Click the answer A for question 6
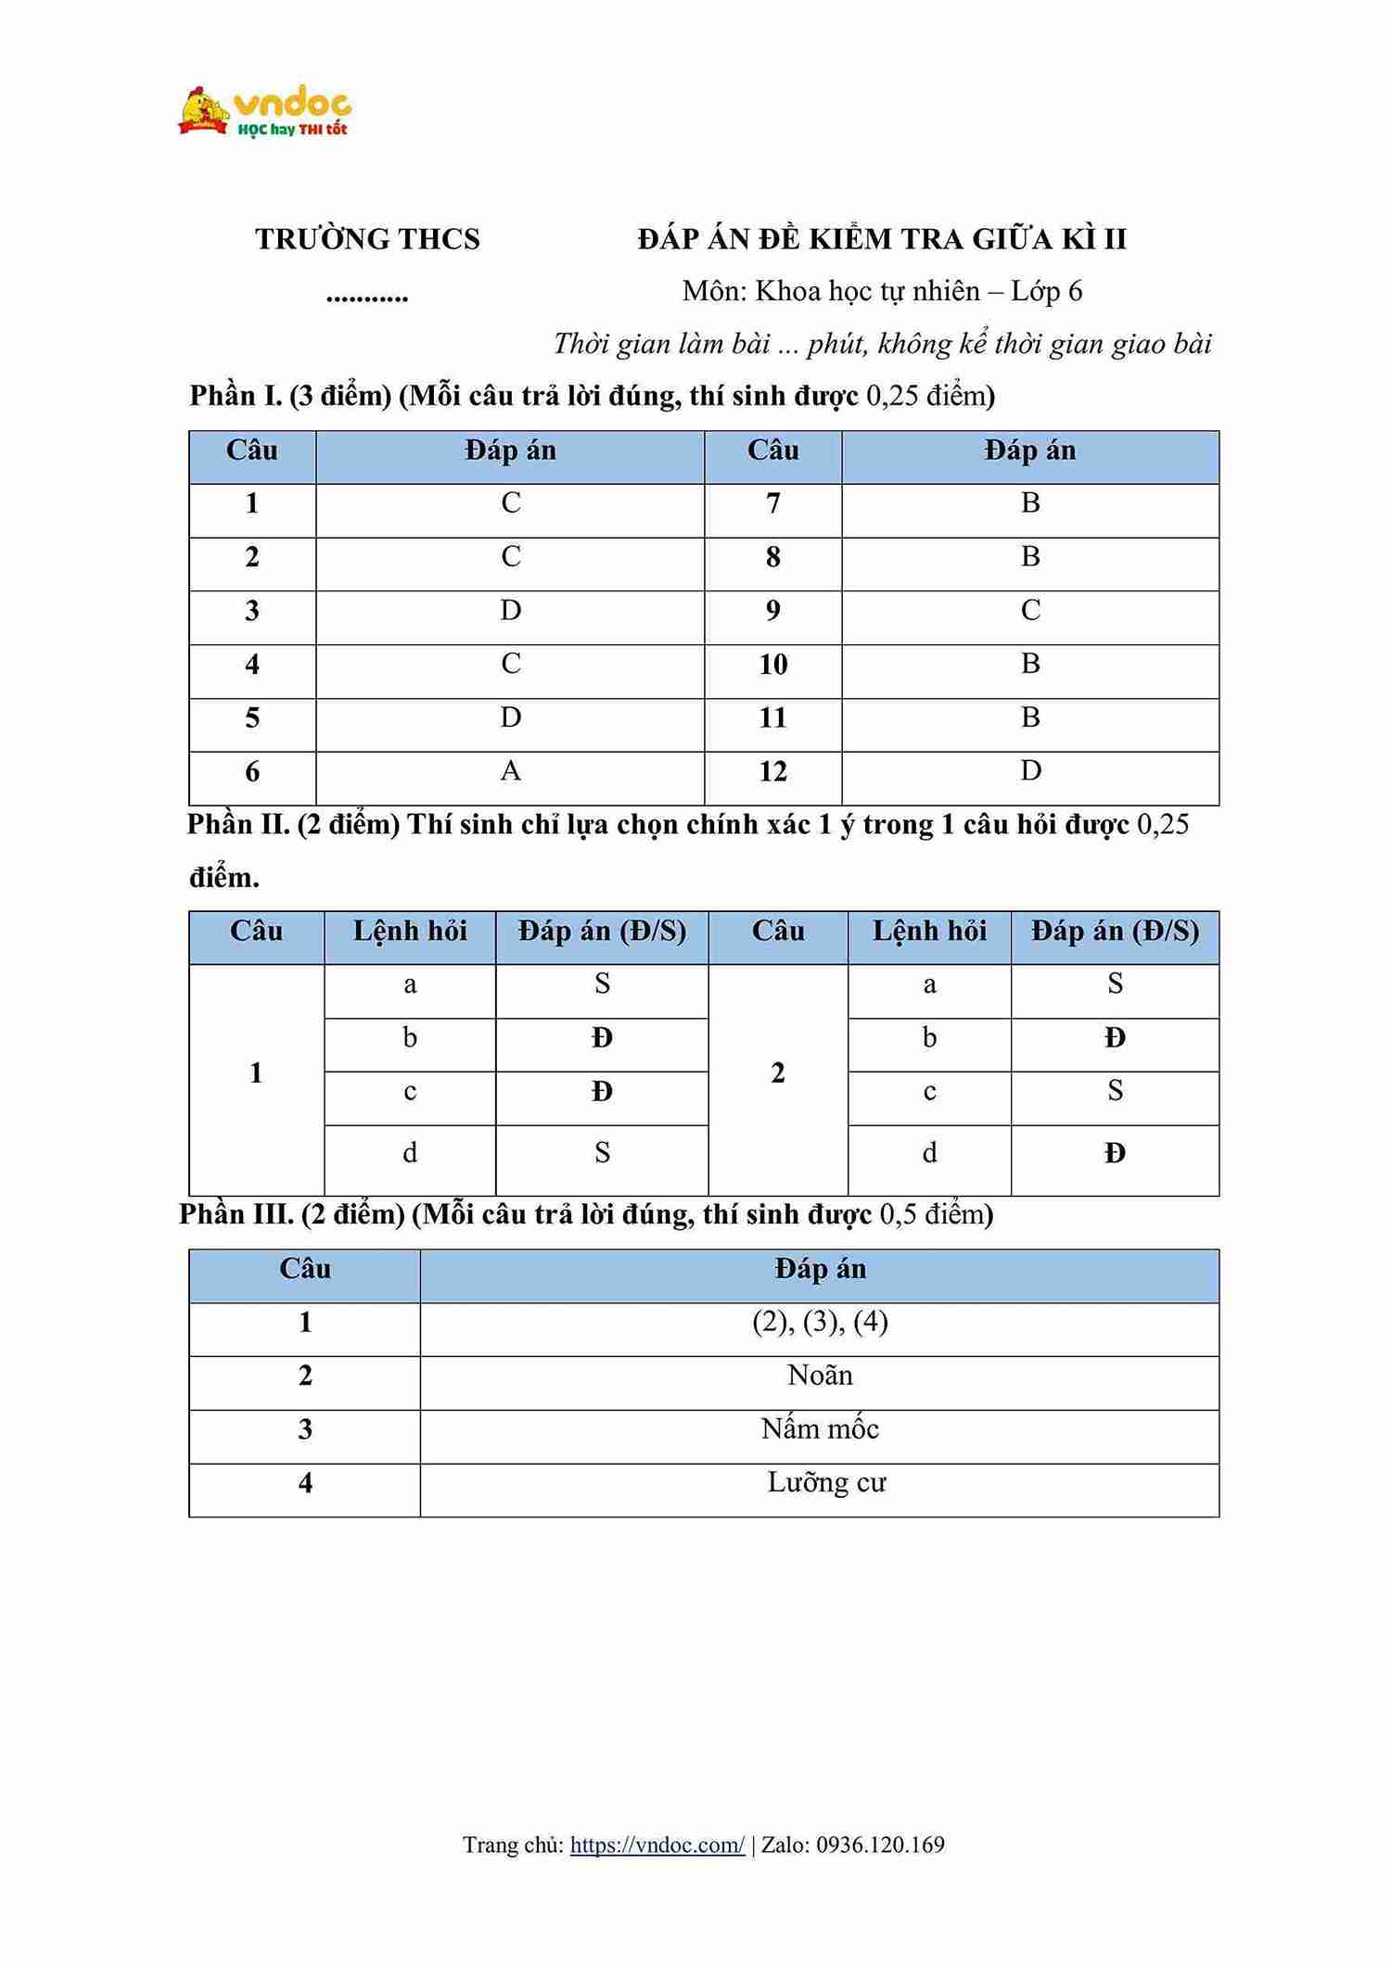(x=510, y=771)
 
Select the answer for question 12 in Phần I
(x=1030, y=771)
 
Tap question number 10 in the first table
(x=772, y=665)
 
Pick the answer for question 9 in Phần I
(x=1030, y=611)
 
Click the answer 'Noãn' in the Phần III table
(x=820, y=1376)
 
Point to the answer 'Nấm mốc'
(x=820, y=1429)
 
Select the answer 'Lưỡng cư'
(x=826, y=1483)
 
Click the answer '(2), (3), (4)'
(x=820, y=1322)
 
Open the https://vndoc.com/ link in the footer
(x=657, y=1845)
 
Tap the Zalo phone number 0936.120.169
(x=880, y=1845)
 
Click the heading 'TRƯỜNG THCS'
(x=367, y=239)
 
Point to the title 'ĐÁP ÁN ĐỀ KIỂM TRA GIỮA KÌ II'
(x=882, y=239)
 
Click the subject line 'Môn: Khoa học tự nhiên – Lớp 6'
(x=882, y=292)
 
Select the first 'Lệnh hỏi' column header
(x=410, y=931)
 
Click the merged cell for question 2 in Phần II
(x=778, y=1073)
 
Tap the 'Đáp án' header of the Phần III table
(x=820, y=1269)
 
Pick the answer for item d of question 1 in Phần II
(x=602, y=1153)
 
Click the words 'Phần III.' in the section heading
(x=236, y=1214)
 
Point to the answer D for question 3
(x=510, y=611)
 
